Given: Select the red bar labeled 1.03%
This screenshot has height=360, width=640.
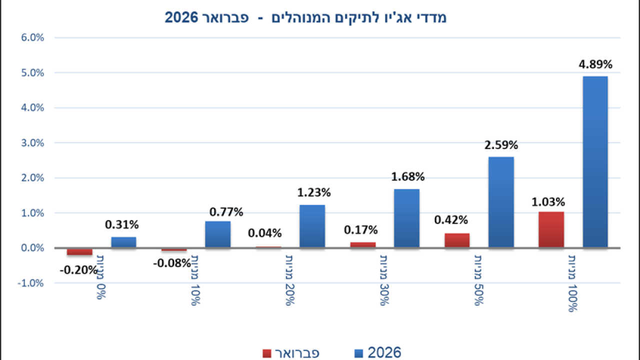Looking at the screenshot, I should pyautogui.click(x=551, y=229).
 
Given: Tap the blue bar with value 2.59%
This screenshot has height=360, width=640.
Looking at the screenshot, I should pyautogui.click(x=501, y=202).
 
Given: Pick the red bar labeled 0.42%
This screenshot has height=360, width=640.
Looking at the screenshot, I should pyautogui.click(x=457, y=240).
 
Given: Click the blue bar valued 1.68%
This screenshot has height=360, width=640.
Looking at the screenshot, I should pyautogui.click(x=406, y=218).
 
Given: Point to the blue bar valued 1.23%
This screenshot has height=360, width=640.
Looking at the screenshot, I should pyautogui.click(x=312, y=226).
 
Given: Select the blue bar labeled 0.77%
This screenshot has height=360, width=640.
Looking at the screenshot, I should pyautogui.click(x=218, y=234).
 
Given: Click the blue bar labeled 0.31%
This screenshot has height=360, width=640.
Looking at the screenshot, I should pyautogui.click(x=123, y=242).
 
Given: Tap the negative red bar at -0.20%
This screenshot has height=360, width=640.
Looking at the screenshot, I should pyautogui.click(x=80, y=251).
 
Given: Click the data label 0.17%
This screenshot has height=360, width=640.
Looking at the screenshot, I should pyautogui.click(x=360, y=230).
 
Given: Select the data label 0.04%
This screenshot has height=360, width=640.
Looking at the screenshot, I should pyautogui.click(x=265, y=233).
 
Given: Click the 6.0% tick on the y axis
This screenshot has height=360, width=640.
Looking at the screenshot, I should pyautogui.click(x=32, y=38).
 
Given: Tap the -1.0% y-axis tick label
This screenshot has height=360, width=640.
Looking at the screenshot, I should pyautogui.click(x=31, y=283).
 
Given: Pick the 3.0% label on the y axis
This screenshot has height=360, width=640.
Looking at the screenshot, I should pyautogui.click(x=32, y=143).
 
